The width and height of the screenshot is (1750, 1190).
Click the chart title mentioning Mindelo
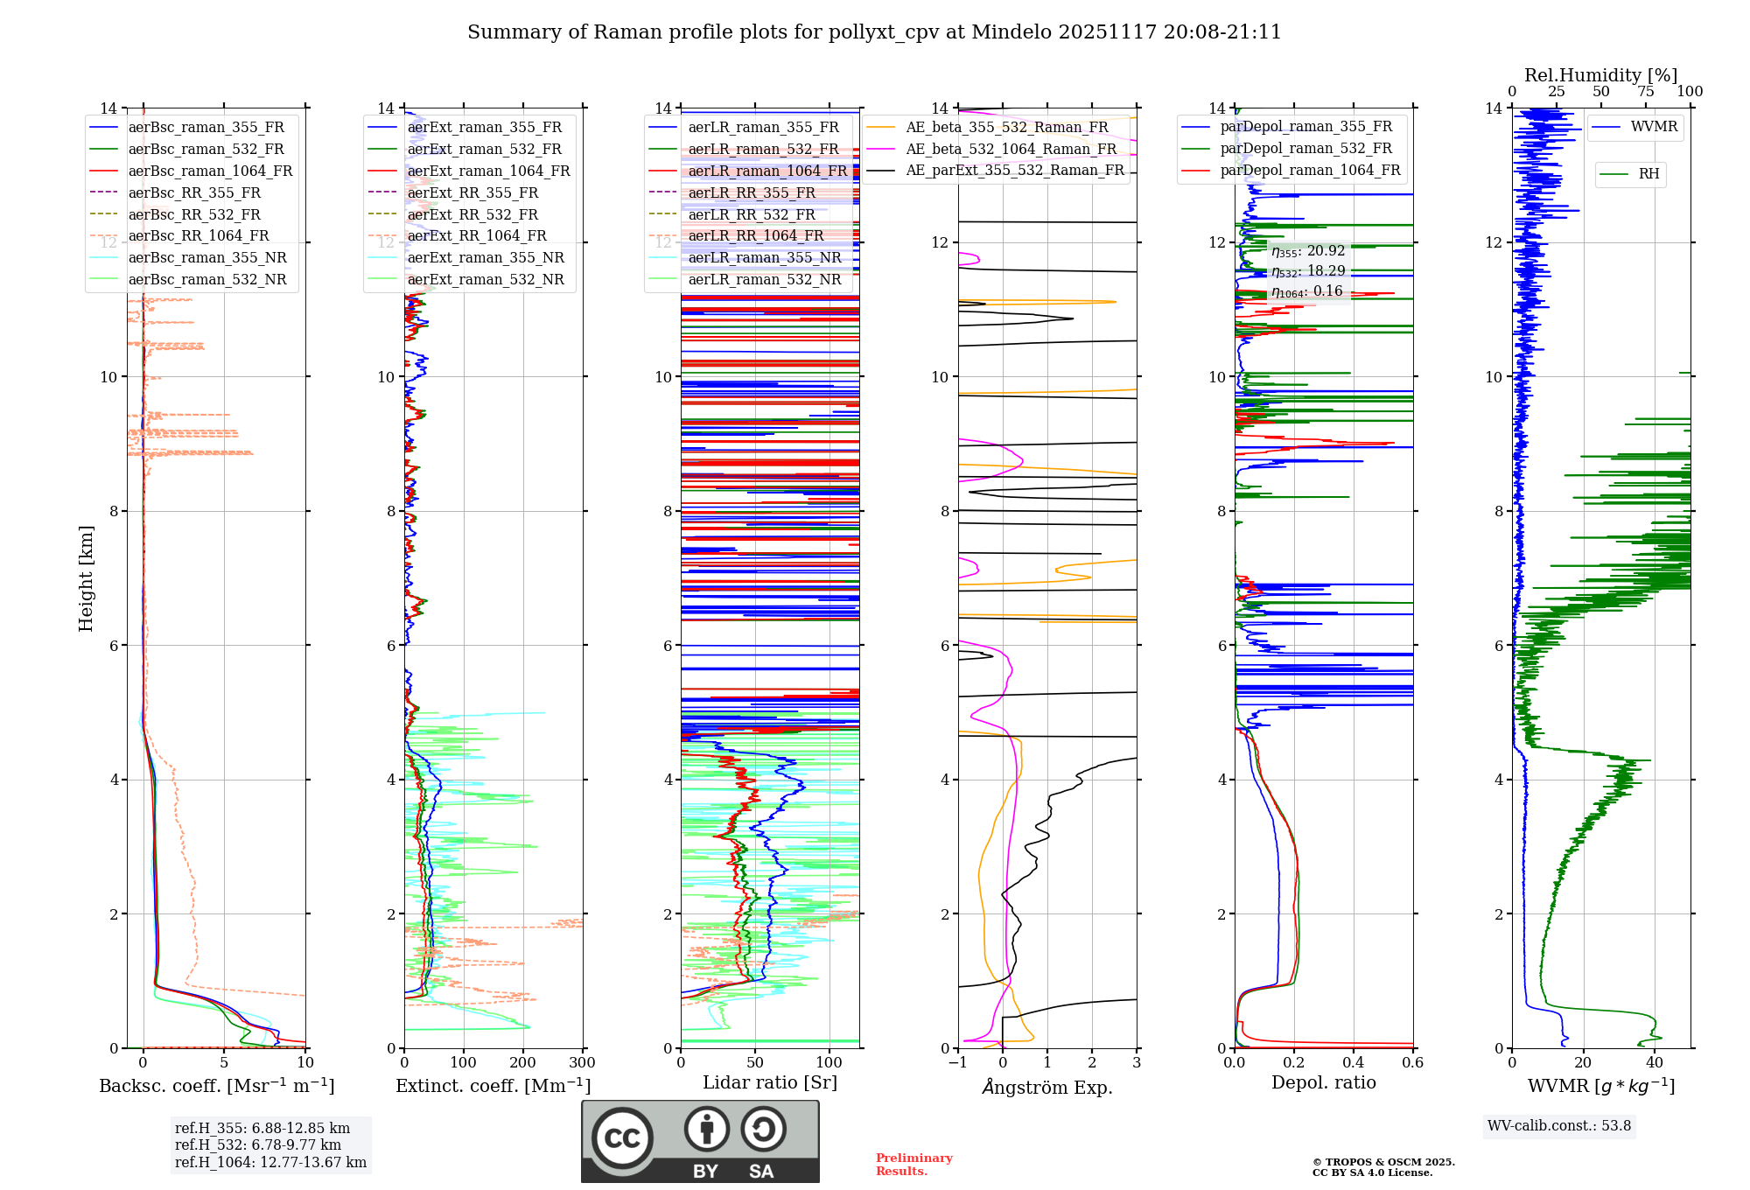874,32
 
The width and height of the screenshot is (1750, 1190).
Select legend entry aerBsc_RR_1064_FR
199,236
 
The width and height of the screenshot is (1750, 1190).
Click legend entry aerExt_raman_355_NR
486,258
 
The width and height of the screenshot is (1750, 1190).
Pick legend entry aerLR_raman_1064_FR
767,171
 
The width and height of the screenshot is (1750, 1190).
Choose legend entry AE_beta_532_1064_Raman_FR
1011,149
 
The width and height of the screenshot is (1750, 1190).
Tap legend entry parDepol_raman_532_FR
1305,149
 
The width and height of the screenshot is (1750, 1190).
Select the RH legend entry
1648,174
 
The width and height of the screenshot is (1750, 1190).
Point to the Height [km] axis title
86,577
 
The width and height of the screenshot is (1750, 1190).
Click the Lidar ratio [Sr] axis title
770,1082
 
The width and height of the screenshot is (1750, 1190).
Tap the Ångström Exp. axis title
1047,1087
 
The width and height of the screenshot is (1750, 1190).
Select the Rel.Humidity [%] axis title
1600,75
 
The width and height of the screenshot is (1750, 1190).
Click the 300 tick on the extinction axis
582,1063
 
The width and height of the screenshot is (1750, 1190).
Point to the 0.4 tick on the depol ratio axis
1354,1063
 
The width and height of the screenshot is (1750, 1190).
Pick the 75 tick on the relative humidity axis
1646,92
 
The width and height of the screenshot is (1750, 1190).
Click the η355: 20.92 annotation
1308,251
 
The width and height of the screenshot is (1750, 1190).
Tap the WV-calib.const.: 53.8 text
1559,1126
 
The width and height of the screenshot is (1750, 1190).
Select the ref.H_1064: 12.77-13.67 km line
270,1163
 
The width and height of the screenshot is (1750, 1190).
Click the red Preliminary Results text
913,1165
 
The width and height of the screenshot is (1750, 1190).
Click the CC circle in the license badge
622,1138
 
